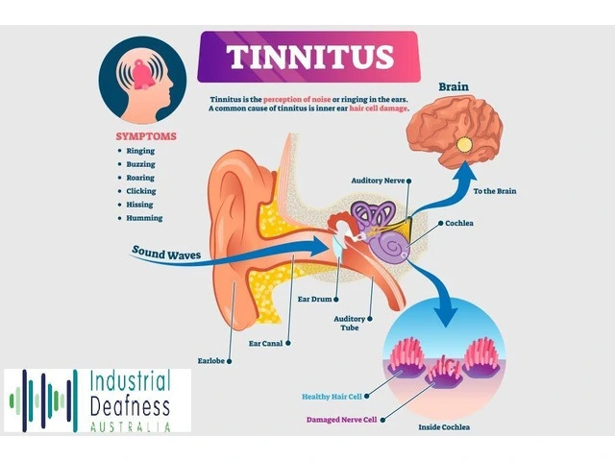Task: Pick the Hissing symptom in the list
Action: pos(139,205)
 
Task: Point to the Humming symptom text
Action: pos(143,218)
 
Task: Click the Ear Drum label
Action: pos(313,299)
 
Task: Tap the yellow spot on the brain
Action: pos(465,145)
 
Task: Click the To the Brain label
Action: pos(495,191)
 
